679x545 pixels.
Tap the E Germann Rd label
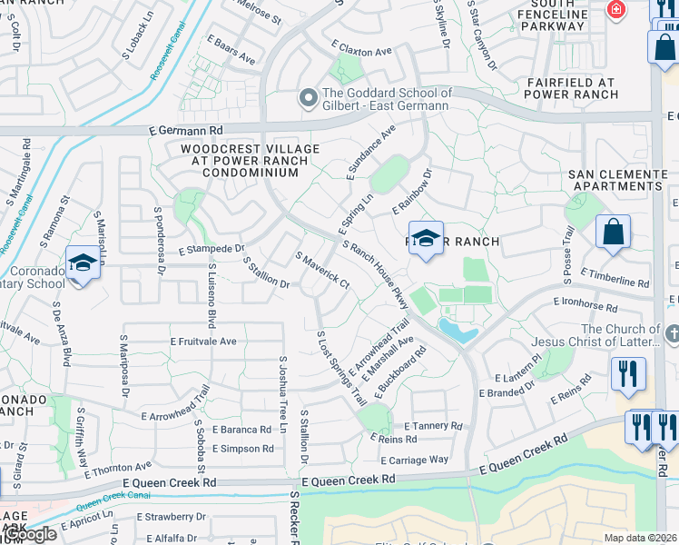point(186,131)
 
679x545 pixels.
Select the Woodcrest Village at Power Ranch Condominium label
point(250,160)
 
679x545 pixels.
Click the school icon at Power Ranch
point(426,239)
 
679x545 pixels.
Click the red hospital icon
point(617,9)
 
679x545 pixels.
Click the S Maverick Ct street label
point(322,271)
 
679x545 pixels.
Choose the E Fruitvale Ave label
point(203,342)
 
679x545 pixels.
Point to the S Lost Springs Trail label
point(341,368)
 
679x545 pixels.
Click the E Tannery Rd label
point(434,425)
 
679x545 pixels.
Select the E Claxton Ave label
point(361,47)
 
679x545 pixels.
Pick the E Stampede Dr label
point(212,248)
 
